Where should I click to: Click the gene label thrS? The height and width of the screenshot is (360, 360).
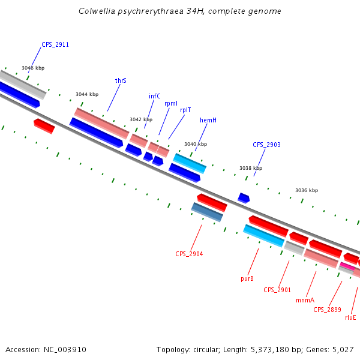click(x=121, y=80)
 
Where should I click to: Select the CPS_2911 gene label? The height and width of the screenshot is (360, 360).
click(x=55, y=44)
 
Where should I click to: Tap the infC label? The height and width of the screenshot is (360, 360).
click(x=155, y=96)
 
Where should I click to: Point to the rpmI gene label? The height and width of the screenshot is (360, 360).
click(x=171, y=103)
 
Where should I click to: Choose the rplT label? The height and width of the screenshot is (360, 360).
click(x=185, y=110)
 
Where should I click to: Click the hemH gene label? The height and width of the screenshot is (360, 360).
click(x=208, y=120)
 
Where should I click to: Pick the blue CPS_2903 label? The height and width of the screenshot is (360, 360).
click(x=266, y=145)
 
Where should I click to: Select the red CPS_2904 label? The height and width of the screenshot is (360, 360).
click(x=189, y=254)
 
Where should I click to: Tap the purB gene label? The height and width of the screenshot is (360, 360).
click(x=247, y=278)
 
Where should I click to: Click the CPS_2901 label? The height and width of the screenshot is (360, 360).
click(x=277, y=290)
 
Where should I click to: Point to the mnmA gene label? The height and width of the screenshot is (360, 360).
click(x=305, y=299)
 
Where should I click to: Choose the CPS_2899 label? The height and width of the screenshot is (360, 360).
click(x=327, y=310)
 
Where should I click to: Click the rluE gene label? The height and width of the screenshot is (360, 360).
click(x=350, y=317)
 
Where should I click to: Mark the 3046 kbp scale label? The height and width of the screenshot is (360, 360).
click(x=33, y=68)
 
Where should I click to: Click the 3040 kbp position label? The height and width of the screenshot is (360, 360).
click(x=196, y=144)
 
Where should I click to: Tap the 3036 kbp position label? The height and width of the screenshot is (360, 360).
click(x=306, y=190)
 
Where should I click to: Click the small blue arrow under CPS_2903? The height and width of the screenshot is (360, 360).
click(x=244, y=197)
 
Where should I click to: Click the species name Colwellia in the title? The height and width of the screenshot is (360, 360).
click(x=98, y=11)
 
